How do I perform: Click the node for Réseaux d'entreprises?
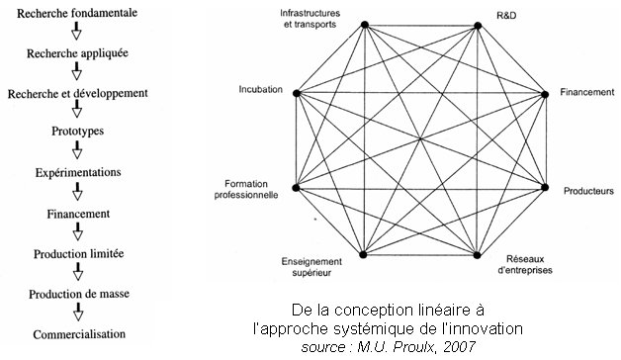point(479,255)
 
